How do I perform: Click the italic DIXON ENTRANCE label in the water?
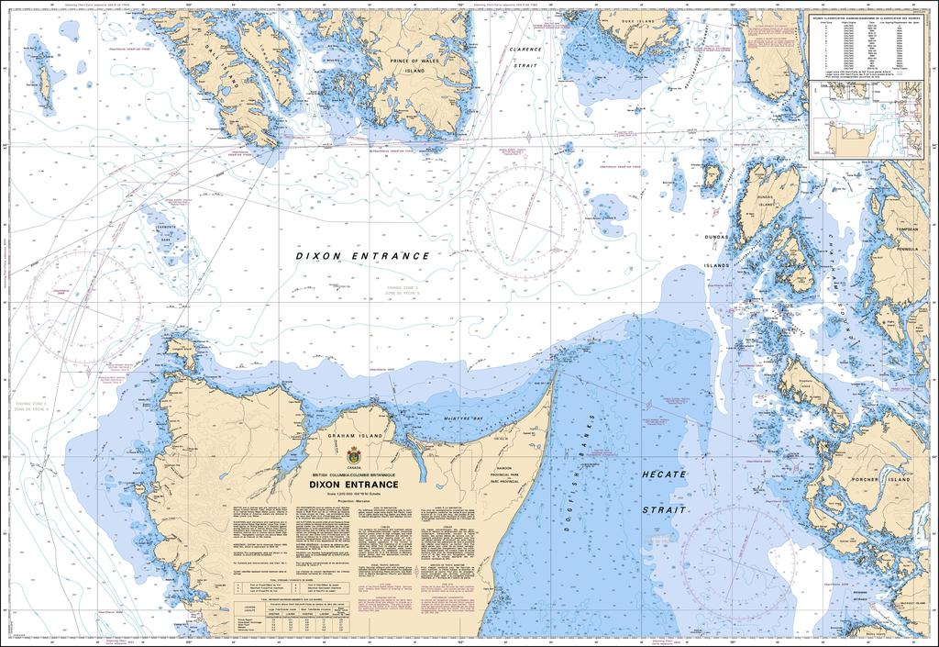[362, 256]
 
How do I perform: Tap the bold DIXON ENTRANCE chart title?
[353, 484]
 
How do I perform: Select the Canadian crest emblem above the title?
[354, 454]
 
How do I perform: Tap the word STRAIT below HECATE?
[663, 508]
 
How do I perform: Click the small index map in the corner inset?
[867, 119]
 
